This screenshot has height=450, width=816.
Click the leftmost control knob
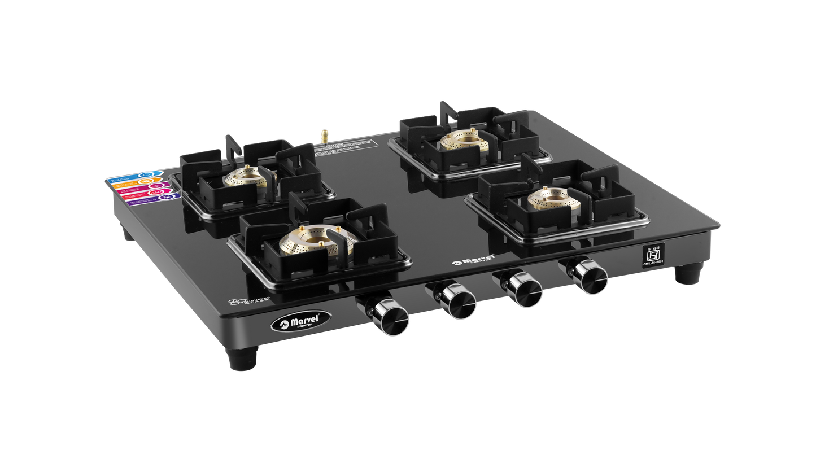(x=390, y=317)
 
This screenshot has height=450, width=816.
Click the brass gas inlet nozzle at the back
(x=326, y=136)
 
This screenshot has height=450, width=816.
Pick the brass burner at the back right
(x=464, y=141)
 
